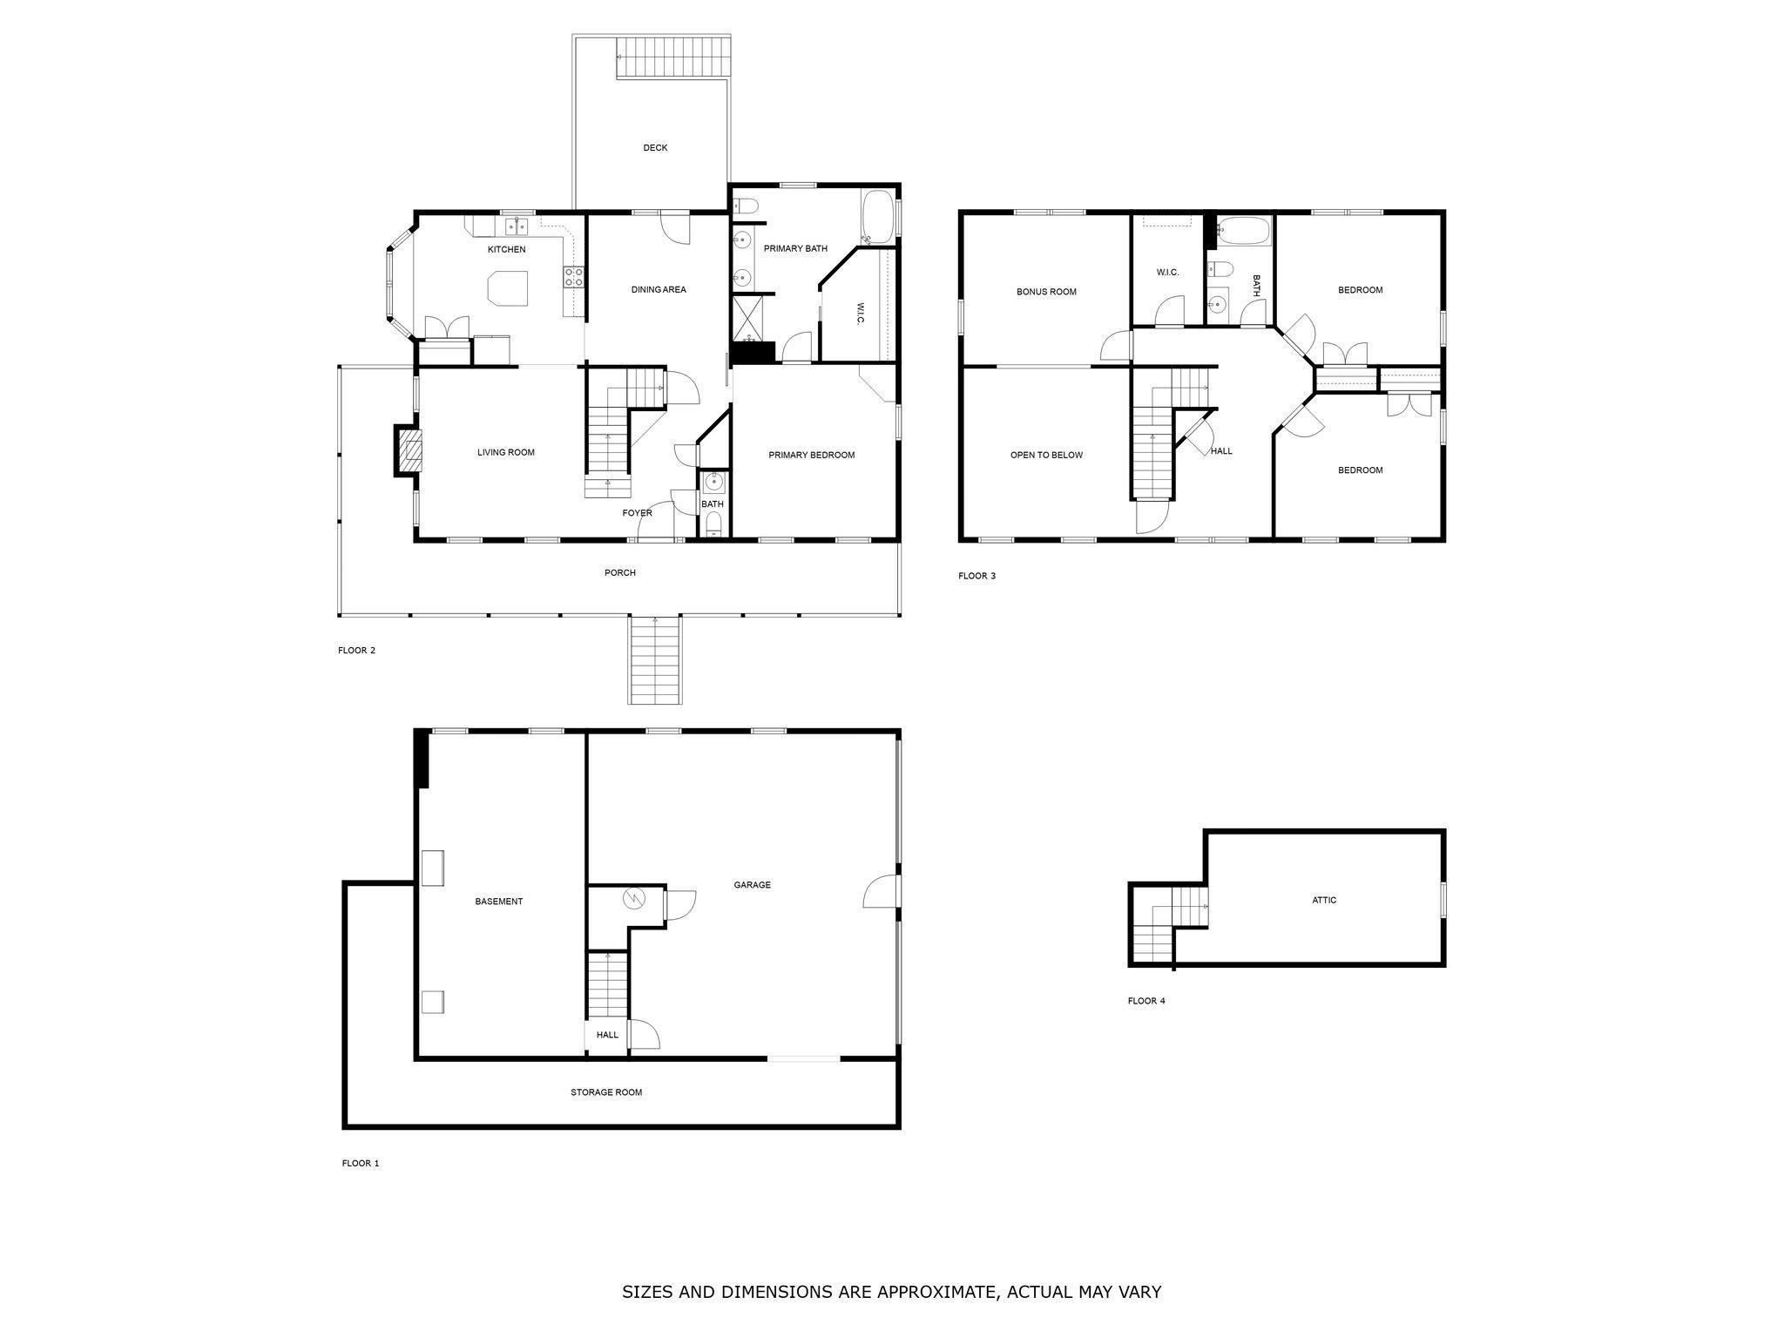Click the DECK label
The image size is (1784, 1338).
coord(655,148)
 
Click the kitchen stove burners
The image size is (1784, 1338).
coord(575,277)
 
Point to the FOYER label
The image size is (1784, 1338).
coord(637,513)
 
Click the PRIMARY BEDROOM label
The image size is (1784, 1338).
coord(811,455)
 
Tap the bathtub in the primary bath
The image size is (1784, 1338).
coord(876,218)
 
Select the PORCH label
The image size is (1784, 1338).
coord(619,572)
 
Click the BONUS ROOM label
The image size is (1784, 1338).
coord(1046,292)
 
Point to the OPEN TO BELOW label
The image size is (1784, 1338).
coord(1046,455)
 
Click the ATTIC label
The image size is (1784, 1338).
coord(1323,900)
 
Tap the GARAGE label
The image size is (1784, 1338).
coord(752,885)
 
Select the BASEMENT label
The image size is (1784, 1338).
coord(498,902)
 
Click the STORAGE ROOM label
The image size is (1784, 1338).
coord(606,1092)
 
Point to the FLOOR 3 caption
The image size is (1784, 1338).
coord(976,576)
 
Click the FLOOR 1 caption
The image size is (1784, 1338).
coord(360,1163)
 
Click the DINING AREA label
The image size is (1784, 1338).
coord(659,289)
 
